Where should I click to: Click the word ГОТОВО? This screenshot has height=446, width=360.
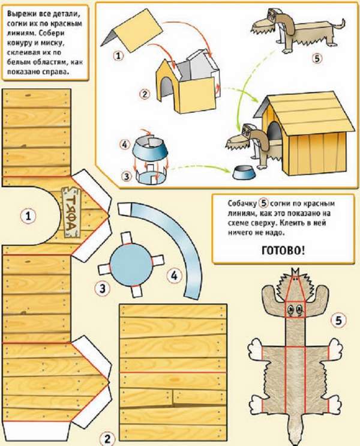point(283,250)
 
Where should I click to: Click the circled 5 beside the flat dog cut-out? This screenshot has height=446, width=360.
point(338,321)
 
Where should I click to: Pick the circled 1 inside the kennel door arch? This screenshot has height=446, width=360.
point(28,217)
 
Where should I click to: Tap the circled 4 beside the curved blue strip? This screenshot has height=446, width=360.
point(174,276)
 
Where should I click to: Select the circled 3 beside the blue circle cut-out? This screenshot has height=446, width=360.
point(102,288)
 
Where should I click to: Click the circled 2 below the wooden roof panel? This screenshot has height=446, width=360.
point(107,439)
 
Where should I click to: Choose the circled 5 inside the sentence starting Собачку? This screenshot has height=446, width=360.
point(264,203)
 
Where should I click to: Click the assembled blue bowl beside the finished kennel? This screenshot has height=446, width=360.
point(244,173)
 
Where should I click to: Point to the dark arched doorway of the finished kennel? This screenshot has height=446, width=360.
point(274,131)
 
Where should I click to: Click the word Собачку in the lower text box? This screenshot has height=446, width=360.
point(242,203)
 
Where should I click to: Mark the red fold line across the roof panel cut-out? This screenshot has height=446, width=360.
point(173,372)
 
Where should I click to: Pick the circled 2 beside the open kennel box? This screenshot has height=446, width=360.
point(145,94)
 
